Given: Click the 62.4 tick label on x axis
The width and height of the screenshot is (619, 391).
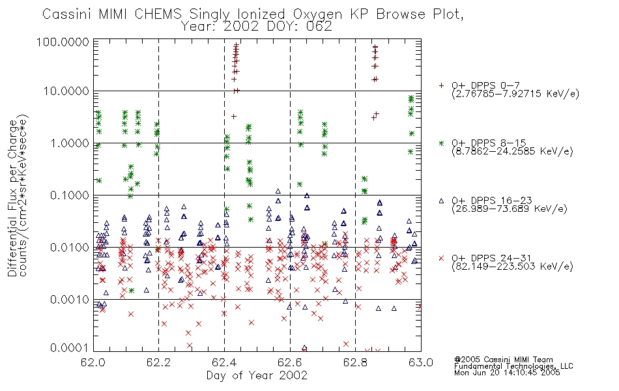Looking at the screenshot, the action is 225,362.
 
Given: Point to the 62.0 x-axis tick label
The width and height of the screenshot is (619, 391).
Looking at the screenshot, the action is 93,362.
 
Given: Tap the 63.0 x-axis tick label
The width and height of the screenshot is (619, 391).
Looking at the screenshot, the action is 421,362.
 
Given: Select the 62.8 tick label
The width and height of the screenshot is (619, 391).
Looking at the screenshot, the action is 355,362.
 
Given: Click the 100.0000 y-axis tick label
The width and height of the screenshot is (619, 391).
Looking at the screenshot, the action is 63,42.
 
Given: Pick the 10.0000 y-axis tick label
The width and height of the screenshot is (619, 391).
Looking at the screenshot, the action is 66,91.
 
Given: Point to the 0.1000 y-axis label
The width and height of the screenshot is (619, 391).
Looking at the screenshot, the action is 70,195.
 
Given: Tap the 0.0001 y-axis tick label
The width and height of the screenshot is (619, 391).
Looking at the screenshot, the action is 70,348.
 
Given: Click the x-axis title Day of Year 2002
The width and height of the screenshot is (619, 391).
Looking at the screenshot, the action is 257,375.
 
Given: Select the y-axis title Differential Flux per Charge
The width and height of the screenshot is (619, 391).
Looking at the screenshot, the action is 12,197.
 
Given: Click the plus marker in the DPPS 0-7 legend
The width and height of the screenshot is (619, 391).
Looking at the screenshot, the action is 441,85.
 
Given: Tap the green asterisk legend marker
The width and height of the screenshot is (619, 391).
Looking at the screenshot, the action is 441,143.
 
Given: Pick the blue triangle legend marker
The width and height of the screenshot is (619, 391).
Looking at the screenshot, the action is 441,201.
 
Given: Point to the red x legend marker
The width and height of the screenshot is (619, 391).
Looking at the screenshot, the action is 441,258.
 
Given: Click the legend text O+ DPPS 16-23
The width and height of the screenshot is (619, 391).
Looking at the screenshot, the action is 492,200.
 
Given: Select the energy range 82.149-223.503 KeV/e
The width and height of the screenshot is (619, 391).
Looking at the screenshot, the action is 512,267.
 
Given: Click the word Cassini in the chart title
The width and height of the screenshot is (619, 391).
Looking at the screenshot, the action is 67,14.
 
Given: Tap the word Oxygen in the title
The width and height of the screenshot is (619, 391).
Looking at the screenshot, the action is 318,14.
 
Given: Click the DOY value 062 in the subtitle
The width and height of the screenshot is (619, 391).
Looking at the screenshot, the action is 319,27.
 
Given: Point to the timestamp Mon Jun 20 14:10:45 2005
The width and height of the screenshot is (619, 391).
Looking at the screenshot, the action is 507,373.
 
